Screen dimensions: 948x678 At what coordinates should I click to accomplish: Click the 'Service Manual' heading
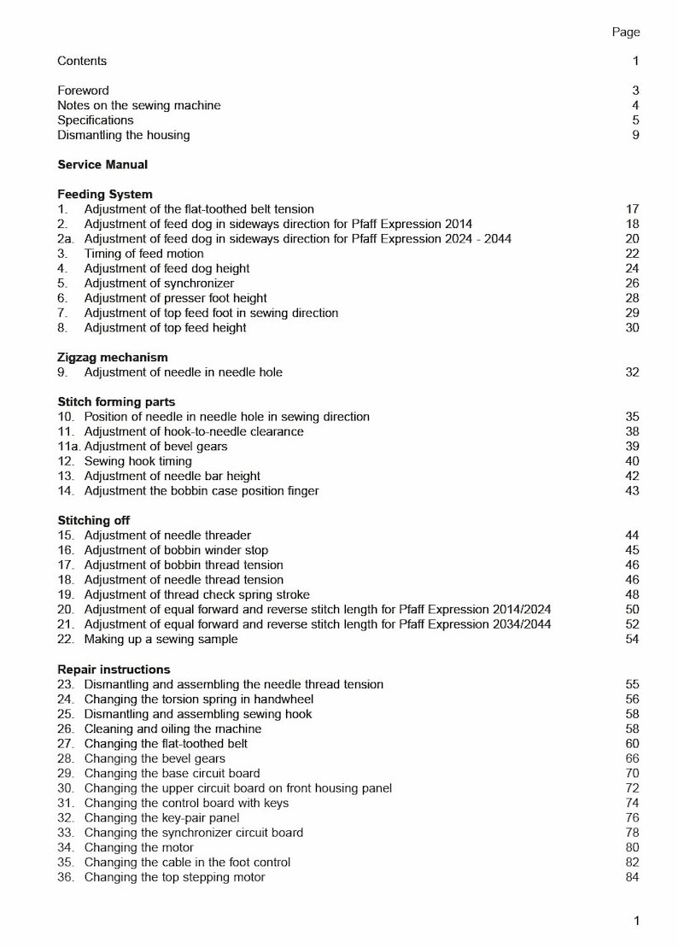(x=102, y=165)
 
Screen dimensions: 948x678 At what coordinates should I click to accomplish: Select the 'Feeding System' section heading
(x=105, y=194)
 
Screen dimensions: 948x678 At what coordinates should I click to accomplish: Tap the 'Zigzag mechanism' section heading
(x=113, y=357)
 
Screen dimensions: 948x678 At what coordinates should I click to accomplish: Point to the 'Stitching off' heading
(x=94, y=520)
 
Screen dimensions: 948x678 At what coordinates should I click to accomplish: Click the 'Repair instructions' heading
(x=114, y=670)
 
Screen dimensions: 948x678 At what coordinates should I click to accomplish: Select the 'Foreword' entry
(x=83, y=91)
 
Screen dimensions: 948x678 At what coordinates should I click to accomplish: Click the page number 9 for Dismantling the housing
(x=635, y=135)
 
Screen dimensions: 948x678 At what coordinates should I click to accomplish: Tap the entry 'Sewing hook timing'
(x=137, y=461)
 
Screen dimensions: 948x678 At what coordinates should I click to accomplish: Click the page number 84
(x=632, y=877)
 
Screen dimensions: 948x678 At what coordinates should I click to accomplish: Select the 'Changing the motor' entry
(x=138, y=847)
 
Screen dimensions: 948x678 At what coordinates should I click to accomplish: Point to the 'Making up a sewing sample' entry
(x=161, y=639)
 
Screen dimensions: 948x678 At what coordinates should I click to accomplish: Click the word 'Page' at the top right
(x=625, y=32)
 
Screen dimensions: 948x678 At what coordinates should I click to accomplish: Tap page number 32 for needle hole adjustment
(x=632, y=372)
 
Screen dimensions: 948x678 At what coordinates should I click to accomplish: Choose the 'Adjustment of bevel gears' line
(x=155, y=447)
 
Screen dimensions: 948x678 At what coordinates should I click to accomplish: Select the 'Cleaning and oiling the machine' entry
(x=172, y=729)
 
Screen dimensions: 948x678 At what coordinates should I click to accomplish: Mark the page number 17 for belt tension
(x=632, y=209)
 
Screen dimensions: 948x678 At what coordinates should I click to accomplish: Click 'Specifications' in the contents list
(x=95, y=120)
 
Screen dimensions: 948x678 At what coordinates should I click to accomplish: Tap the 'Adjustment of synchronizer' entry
(x=159, y=284)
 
